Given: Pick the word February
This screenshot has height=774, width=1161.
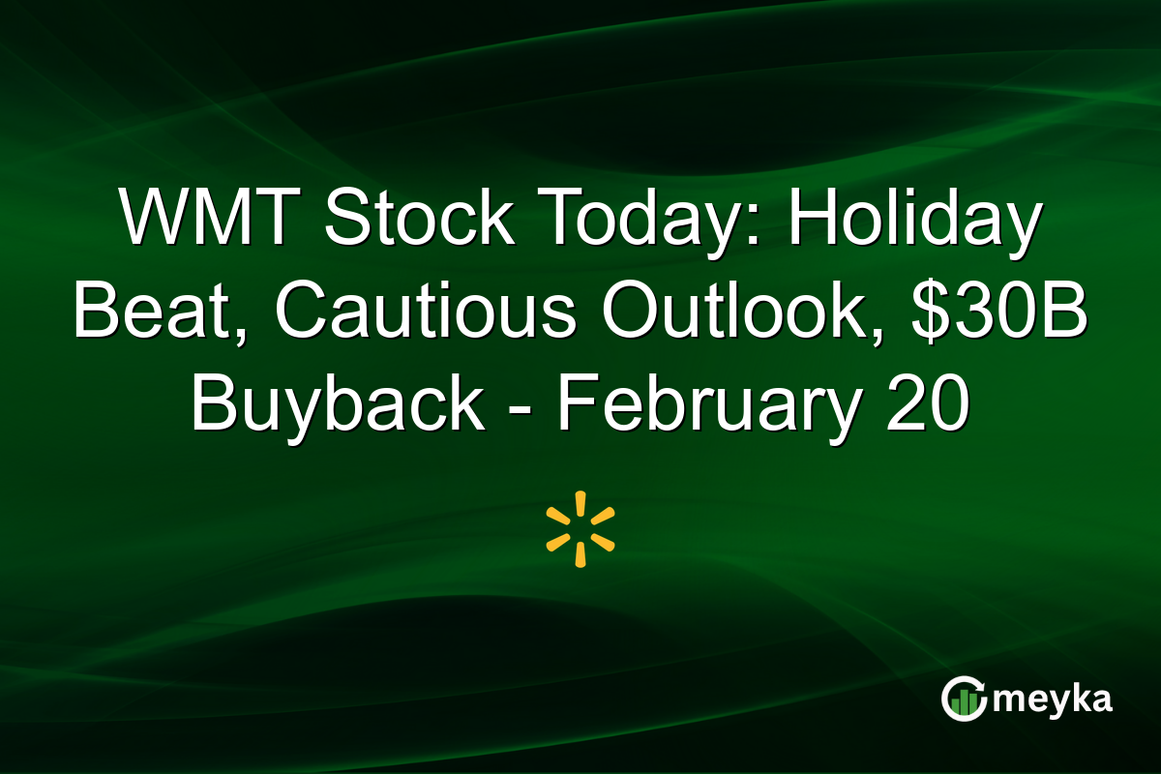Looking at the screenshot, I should pyautogui.click(x=704, y=407).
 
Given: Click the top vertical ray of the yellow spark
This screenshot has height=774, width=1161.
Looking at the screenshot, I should pyautogui.click(x=580, y=504).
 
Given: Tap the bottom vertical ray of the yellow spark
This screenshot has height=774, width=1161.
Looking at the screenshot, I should pyautogui.click(x=580, y=554).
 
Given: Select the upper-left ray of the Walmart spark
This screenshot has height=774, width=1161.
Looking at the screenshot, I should pyautogui.click(x=558, y=517).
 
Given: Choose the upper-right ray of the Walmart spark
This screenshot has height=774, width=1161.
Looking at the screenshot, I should pyautogui.click(x=603, y=517).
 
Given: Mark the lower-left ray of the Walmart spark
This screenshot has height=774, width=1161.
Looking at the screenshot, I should pyautogui.click(x=558, y=542).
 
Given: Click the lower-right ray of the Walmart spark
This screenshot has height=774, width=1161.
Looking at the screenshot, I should pyautogui.click(x=603, y=542).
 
